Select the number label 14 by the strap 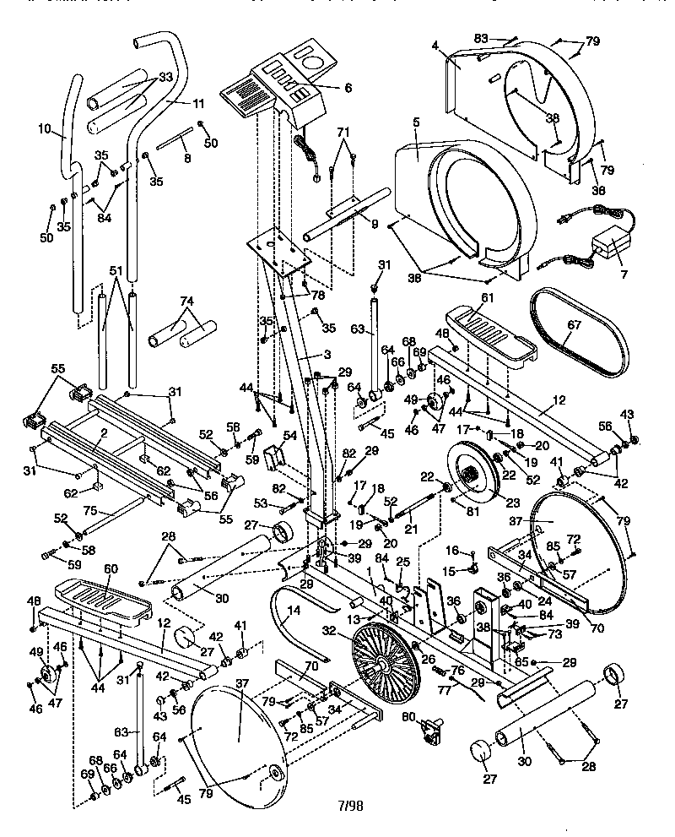click(x=293, y=610)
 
